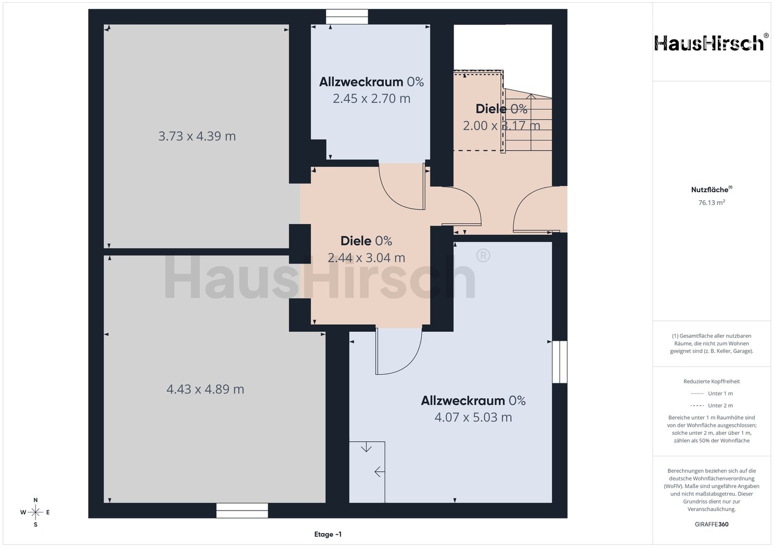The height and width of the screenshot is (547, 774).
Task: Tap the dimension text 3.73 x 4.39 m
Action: (197, 136)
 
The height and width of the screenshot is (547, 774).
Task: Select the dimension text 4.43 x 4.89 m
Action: (205, 389)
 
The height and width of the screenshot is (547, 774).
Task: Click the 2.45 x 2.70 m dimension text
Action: (371, 98)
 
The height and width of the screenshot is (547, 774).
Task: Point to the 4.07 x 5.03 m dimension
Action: (473, 417)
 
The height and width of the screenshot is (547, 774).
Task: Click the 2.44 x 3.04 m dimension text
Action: (366, 258)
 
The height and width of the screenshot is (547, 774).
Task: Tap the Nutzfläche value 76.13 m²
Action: (712, 202)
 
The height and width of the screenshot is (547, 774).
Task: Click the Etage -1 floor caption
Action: (328, 534)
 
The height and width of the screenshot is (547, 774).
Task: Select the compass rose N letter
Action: (35, 500)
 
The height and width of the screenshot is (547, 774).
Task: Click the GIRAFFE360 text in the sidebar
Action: (712, 524)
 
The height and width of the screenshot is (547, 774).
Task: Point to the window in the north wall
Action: (347, 17)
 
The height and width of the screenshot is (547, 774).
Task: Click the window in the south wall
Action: (242, 510)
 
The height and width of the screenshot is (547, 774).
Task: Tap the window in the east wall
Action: (560, 362)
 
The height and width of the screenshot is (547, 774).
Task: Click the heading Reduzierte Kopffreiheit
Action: (712, 381)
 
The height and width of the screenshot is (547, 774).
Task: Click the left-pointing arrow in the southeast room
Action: (379, 471)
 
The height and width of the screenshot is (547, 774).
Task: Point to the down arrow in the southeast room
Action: (366, 447)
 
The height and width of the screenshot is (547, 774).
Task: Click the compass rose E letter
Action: (48, 512)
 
